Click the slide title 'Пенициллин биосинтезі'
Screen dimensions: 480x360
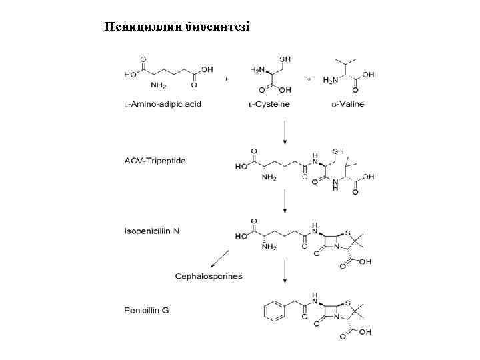pyautogui.click(x=177, y=27)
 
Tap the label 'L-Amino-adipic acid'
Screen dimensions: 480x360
pyautogui.click(x=163, y=104)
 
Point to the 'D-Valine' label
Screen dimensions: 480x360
pyautogui.click(x=346, y=104)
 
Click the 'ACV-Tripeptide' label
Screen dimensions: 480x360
pyautogui.click(x=155, y=160)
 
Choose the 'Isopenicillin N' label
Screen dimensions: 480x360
pyautogui.click(x=151, y=231)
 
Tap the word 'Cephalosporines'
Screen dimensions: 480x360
pyautogui.click(x=209, y=275)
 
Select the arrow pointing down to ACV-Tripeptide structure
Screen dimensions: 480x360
pyautogui.click(x=285, y=132)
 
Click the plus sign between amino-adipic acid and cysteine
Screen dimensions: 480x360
pyautogui.click(x=227, y=79)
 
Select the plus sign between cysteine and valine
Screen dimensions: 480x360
pyautogui.click(x=309, y=79)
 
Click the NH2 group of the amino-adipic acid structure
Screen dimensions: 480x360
pyautogui.click(x=159, y=85)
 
